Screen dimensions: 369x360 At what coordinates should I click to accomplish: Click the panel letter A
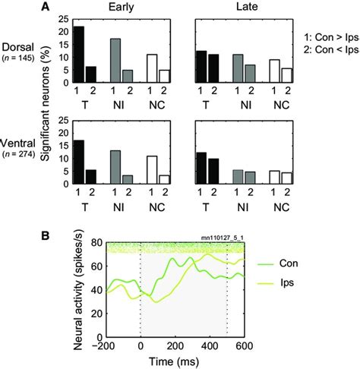coord(46,7)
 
